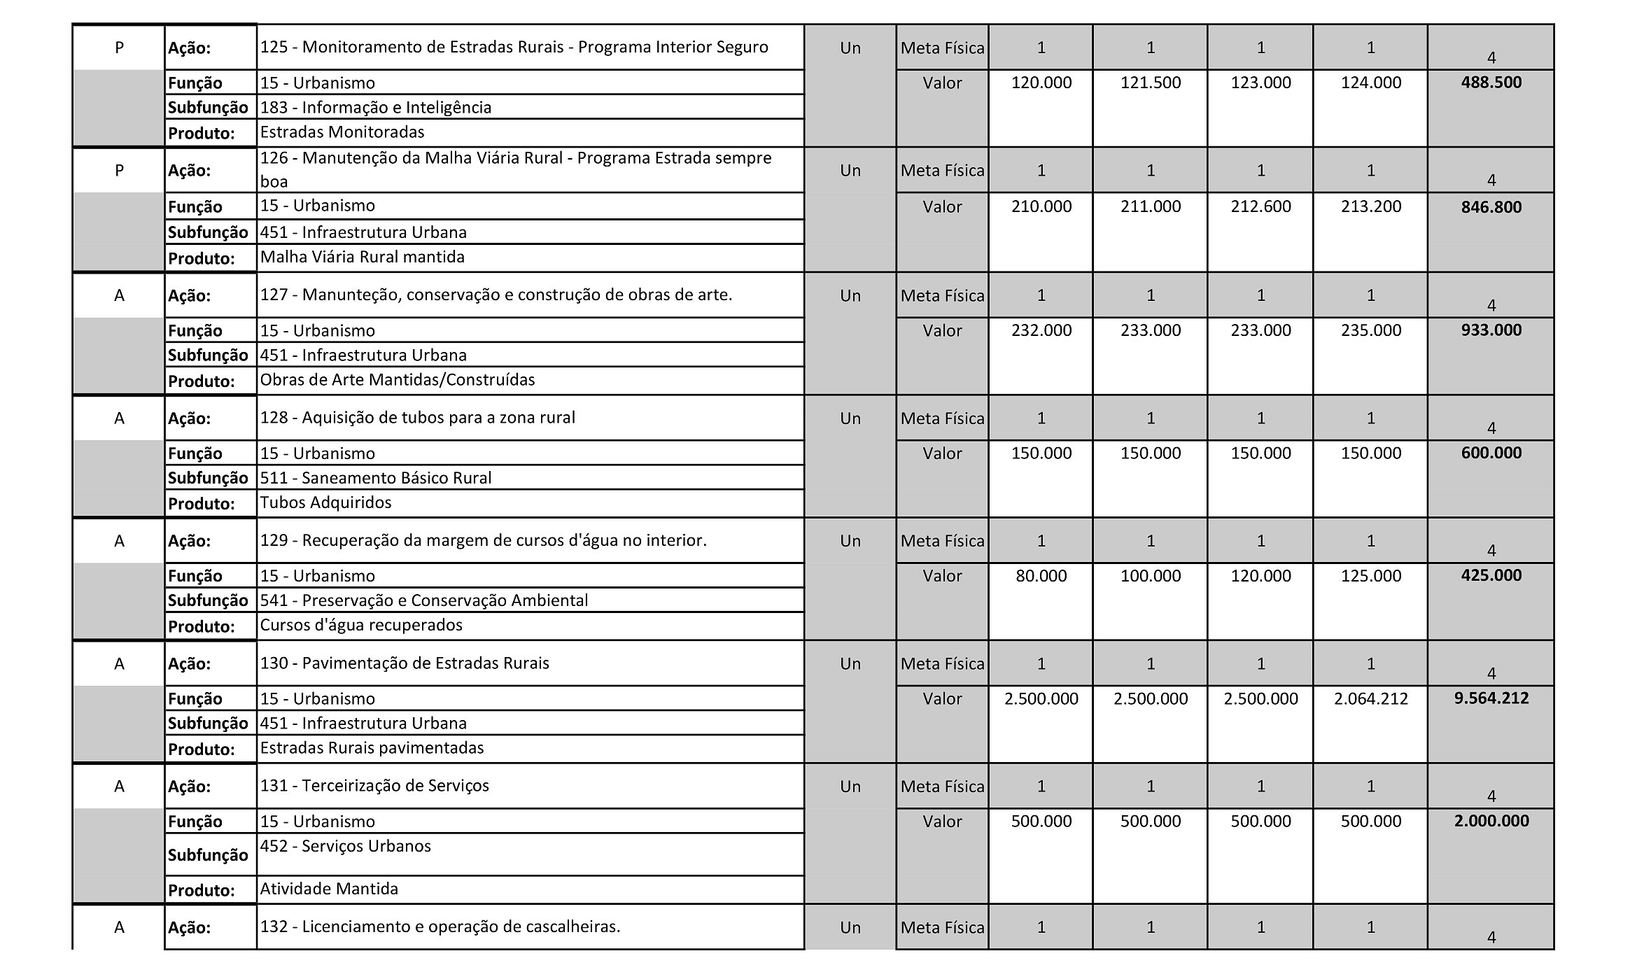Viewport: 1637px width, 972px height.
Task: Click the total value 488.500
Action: point(1491,83)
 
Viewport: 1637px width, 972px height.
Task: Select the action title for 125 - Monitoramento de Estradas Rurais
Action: point(514,48)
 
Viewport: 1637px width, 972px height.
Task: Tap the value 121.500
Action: point(1150,83)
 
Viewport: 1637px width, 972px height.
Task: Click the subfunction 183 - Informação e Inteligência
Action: point(376,107)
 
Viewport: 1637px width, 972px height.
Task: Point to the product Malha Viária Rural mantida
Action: point(362,257)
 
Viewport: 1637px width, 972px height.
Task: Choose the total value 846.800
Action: point(1491,207)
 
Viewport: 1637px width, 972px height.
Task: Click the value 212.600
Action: point(1260,206)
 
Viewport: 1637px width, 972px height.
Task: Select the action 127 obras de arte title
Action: point(496,295)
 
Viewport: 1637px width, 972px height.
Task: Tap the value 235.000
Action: point(1370,330)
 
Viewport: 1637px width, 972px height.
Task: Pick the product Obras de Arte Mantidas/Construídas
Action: point(397,380)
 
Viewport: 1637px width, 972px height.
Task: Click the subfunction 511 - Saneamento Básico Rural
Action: point(376,478)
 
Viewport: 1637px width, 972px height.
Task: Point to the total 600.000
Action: point(1491,453)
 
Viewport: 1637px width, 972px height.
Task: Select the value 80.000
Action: point(1041,576)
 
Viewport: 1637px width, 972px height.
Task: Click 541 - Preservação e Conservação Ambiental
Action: point(423,600)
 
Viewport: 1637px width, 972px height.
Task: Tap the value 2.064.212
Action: point(1370,698)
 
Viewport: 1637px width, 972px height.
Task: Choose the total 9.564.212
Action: point(1491,698)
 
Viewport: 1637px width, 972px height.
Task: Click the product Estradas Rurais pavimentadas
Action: point(372,748)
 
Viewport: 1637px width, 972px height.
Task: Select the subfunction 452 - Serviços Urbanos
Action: point(345,846)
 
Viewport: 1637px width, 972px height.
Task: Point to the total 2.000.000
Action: point(1491,821)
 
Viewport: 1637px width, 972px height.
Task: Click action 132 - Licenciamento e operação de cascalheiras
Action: point(440,927)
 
